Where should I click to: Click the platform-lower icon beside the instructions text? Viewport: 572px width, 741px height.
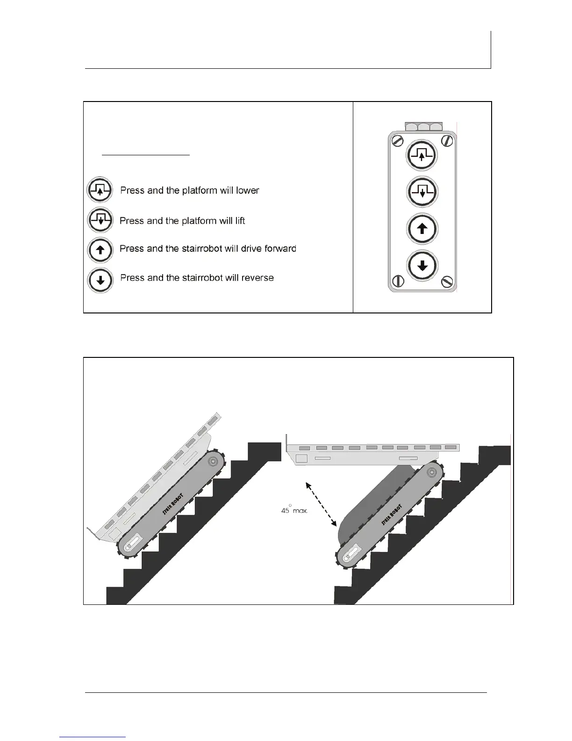(100, 190)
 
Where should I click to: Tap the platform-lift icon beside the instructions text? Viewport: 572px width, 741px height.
(100, 220)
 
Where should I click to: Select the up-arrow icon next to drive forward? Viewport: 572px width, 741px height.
(100, 250)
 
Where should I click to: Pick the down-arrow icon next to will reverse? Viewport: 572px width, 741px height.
(100, 280)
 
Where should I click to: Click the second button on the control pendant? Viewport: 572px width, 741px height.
(422, 192)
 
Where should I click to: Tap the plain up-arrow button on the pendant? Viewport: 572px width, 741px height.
(422, 229)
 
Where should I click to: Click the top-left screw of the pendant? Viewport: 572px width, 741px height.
(397, 140)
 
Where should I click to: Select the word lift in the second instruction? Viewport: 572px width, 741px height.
(239, 220)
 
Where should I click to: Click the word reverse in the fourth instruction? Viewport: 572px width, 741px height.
(257, 278)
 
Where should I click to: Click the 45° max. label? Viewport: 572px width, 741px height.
(294, 510)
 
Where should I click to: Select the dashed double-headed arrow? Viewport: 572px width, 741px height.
(322, 504)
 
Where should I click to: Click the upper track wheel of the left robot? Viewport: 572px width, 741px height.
(213, 461)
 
